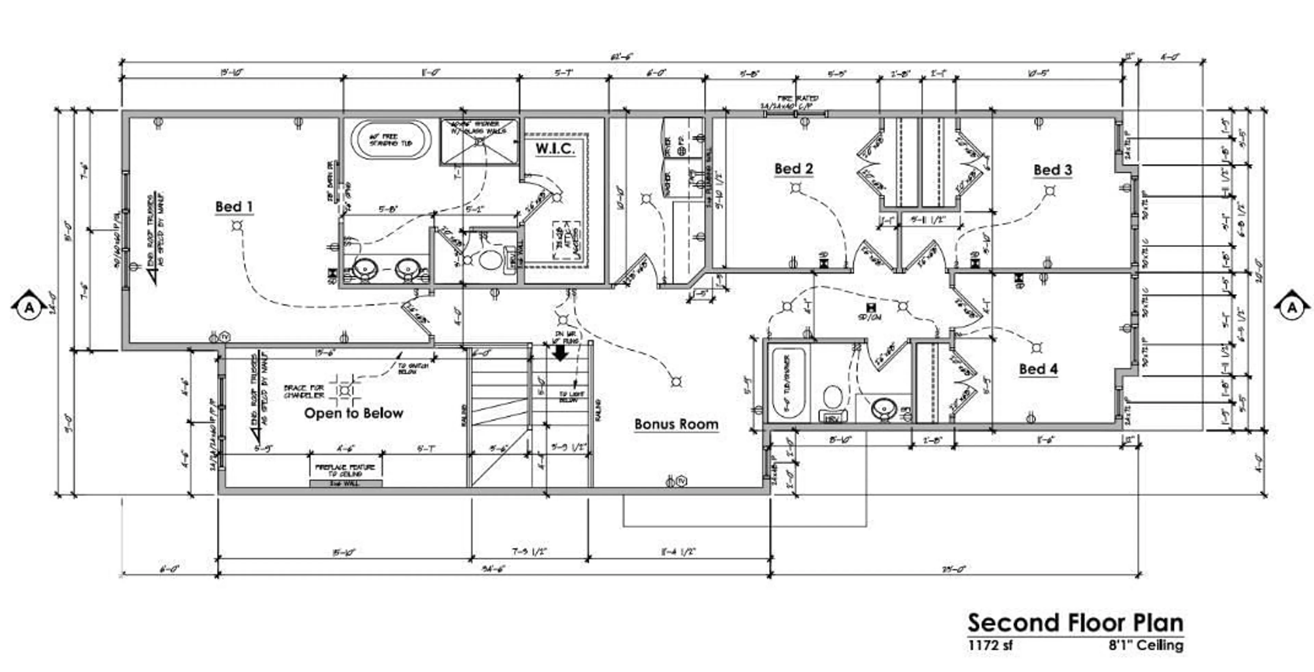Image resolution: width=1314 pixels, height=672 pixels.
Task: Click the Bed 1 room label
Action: pyautogui.click(x=234, y=207)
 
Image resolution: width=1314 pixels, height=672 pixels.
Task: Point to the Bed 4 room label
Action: pyautogui.click(x=1038, y=369)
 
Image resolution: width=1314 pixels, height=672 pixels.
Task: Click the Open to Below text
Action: pyautogui.click(x=353, y=413)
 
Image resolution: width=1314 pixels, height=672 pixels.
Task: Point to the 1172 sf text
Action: pyautogui.click(x=990, y=645)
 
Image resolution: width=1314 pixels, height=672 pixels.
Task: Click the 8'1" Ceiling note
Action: pyautogui.click(x=1146, y=645)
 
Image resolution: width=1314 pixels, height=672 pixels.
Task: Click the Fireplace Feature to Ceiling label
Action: pyautogui.click(x=345, y=470)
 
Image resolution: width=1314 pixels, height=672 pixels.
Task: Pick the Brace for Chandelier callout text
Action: pyautogui.click(x=304, y=392)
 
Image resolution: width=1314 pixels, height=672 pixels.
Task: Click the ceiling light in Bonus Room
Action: pyautogui.click(x=677, y=381)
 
